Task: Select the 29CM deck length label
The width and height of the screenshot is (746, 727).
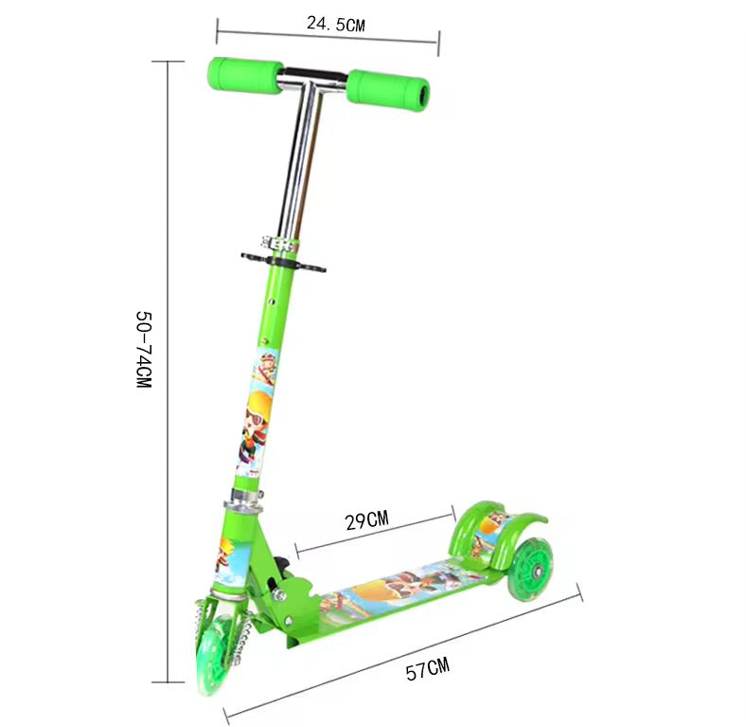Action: click(366, 519)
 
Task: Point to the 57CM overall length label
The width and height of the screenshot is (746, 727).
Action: click(427, 670)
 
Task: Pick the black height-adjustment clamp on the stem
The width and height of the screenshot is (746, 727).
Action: click(282, 259)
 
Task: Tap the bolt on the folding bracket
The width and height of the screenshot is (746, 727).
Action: click(279, 595)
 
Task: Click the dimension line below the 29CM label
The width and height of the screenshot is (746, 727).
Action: click(376, 533)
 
